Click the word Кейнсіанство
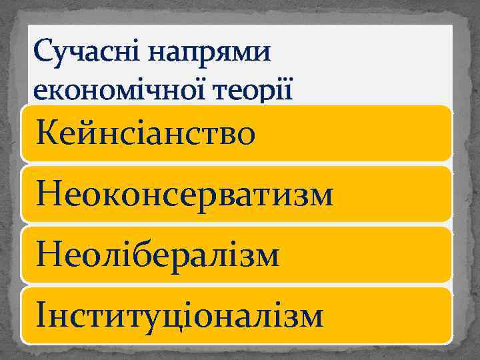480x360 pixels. [x=147, y=133]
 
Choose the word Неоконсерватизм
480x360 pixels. [x=185, y=195]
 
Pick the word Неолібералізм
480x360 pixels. [x=159, y=255]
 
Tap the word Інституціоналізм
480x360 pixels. [x=181, y=316]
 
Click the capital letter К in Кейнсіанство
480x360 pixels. [x=51, y=133]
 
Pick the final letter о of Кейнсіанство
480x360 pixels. [x=244, y=136]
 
